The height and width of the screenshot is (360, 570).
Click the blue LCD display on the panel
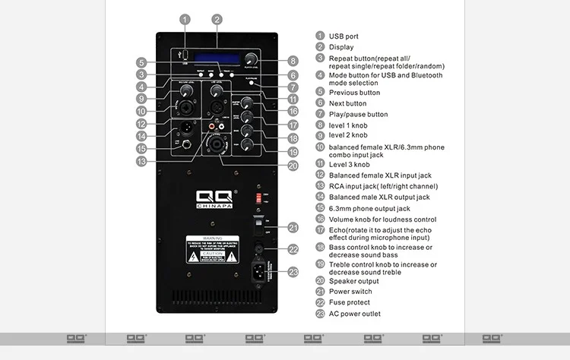(x=217, y=58)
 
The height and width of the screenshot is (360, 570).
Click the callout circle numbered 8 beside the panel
(x=293, y=62)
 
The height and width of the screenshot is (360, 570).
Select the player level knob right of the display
(x=251, y=59)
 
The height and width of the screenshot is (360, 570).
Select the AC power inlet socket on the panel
(x=259, y=270)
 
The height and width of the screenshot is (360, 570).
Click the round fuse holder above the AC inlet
(x=259, y=248)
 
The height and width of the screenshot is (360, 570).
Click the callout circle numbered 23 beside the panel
(x=293, y=272)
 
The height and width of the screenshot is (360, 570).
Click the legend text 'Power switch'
(x=350, y=291)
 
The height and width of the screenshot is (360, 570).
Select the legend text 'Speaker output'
(x=354, y=280)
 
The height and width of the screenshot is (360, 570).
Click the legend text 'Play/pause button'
(x=358, y=115)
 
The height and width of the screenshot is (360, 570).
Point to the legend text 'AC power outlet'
(x=354, y=314)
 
